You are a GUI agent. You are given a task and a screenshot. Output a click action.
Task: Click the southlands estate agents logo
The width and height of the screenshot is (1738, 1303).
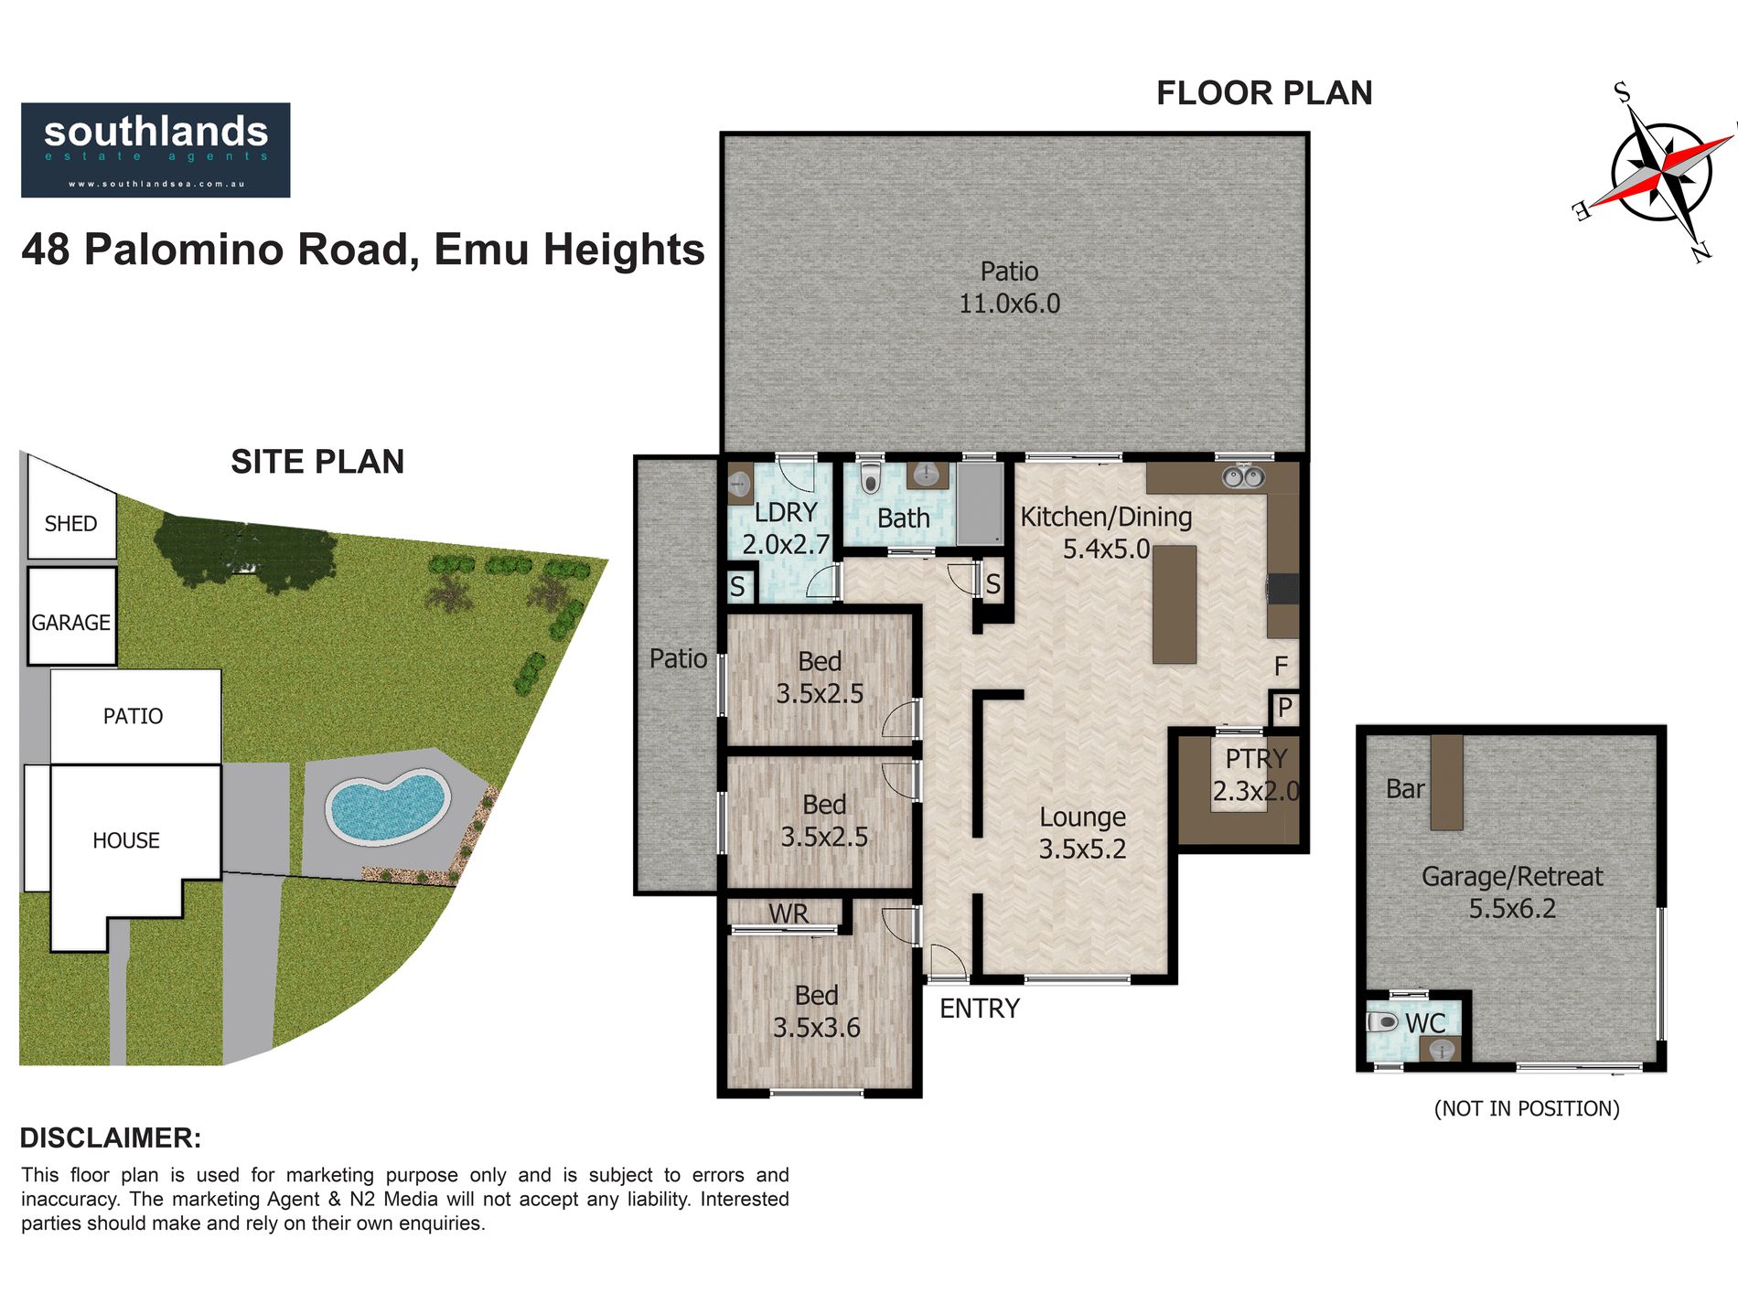pyautogui.click(x=156, y=150)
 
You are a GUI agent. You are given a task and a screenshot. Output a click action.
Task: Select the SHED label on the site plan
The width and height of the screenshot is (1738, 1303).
pyautogui.click(x=70, y=524)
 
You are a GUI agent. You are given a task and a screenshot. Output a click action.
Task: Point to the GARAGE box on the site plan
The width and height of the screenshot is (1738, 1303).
pyautogui.click(x=71, y=616)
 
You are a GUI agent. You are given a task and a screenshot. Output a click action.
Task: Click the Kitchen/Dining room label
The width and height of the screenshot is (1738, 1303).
pyautogui.click(x=1106, y=518)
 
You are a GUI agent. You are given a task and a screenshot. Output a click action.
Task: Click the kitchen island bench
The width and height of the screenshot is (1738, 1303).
pyautogui.click(x=1175, y=604)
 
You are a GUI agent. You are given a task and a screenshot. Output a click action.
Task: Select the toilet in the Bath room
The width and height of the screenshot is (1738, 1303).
pyautogui.click(x=870, y=476)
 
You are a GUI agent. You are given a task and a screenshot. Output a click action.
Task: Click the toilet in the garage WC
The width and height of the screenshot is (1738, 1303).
pyautogui.click(x=1383, y=1021)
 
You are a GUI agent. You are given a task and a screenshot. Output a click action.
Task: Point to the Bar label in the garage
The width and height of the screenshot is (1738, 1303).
pyautogui.click(x=1405, y=789)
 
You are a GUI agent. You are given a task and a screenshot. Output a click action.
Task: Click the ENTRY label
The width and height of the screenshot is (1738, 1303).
pyautogui.click(x=979, y=1009)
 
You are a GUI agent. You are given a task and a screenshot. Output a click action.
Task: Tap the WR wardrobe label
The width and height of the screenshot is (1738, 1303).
pyautogui.click(x=789, y=913)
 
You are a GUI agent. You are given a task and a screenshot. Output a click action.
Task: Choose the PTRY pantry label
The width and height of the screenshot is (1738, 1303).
pyautogui.click(x=1256, y=759)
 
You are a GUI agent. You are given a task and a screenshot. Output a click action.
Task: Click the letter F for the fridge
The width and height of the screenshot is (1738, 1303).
pyautogui.click(x=1281, y=667)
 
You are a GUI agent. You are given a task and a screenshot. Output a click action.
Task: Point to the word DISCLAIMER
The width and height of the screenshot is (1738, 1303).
pyautogui.click(x=110, y=1138)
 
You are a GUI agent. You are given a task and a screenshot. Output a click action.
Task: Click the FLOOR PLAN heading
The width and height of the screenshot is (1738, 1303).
pyautogui.click(x=1264, y=93)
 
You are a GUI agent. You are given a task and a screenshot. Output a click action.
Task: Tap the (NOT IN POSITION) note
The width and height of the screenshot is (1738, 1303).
pyautogui.click(x=1527, y=1109)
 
